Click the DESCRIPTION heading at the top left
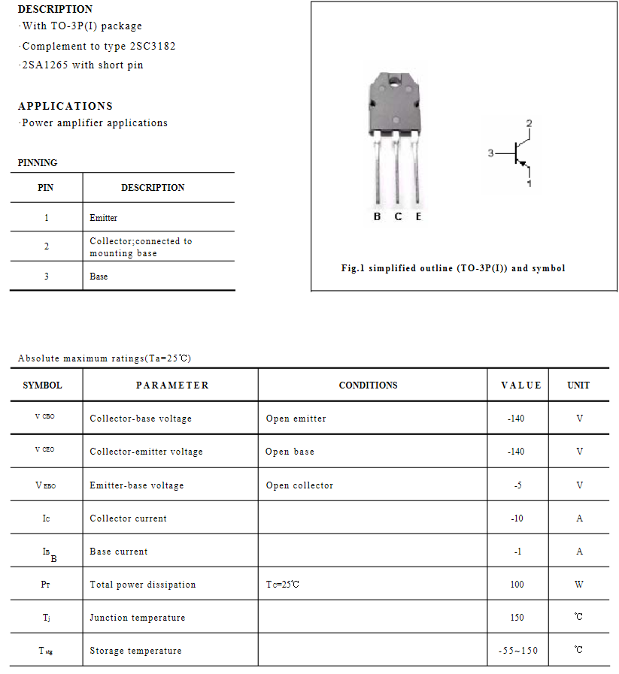pos(55,9)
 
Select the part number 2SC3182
pos(153,46)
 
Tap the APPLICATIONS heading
pos(65,106)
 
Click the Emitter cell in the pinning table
pos(104,218)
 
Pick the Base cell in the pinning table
pos(99,277)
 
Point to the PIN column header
pos(46,188)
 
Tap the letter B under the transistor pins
pos(377,216)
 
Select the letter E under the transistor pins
pos(418,216)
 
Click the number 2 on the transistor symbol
pos(529,123)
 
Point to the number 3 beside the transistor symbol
pos(490,153)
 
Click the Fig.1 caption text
pos(453,268)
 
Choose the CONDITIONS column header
pos(368,385)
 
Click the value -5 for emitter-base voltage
pos(517,485)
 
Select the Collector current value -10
pos(517,518)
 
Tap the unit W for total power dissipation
pos(579,585)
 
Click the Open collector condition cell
pos(299,485)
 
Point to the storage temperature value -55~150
pos(518,651)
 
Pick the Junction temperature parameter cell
pos(137,618)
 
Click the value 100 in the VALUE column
pos(517,585)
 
